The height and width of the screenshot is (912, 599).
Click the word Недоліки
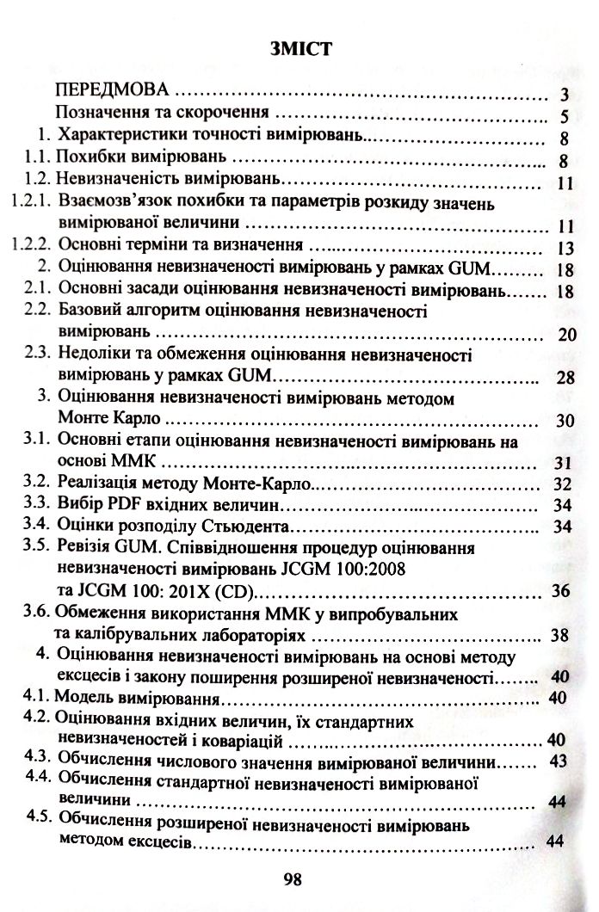[x=93, y=354]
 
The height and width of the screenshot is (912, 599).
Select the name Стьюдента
[x=256, y=525]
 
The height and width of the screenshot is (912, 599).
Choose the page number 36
[x=561, y=591]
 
